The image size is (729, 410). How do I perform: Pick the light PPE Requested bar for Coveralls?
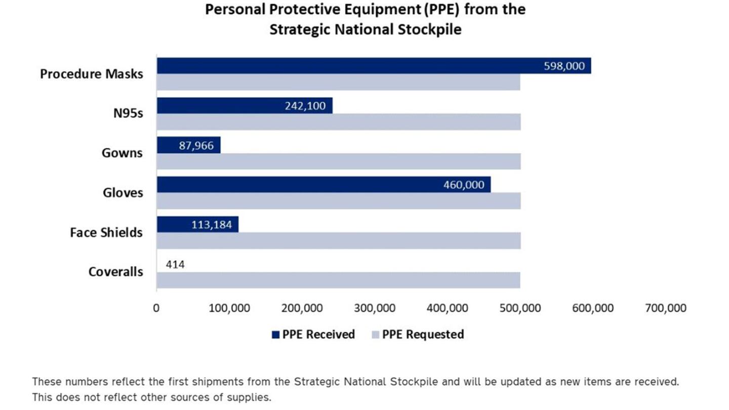[x=338, y=280]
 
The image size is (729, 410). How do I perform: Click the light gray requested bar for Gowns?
[x=338, y=161]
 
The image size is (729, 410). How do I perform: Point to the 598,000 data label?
[x=564, y=66]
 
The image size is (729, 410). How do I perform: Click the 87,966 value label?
[x=196, y=145]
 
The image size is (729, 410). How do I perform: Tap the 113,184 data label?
[x=212, y=225]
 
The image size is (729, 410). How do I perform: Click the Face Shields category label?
[x=106, y=233]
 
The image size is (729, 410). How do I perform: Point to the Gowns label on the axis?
[x=122, y=153]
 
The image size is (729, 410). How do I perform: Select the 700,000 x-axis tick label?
[x=665, y=308]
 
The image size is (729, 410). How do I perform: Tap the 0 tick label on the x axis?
[x=156, y=308]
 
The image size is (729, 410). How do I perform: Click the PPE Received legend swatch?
[x=275, y=335]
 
